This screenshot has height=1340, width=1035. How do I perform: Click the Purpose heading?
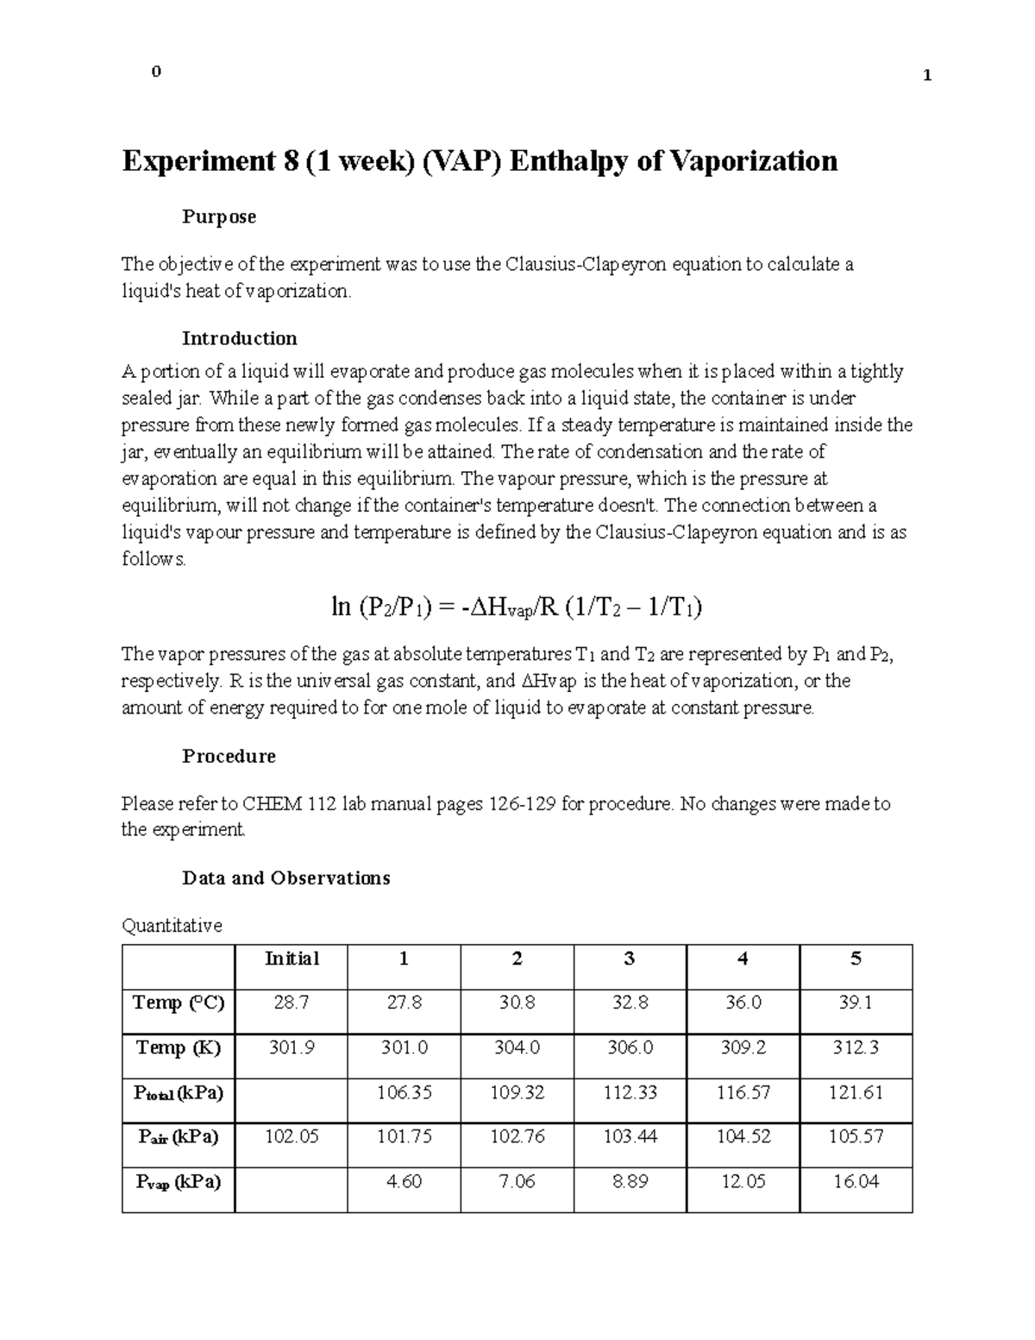218,217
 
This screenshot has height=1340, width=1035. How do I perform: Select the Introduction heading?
239,338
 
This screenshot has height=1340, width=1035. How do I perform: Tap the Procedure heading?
229,757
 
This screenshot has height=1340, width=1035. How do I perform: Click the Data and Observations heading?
285,878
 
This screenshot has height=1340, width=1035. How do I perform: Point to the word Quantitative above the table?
172,926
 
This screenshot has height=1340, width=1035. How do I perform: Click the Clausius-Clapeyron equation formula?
516,607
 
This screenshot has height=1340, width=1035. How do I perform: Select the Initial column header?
292,959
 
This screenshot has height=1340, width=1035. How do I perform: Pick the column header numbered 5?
856,959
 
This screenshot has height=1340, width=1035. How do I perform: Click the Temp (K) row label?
179,1047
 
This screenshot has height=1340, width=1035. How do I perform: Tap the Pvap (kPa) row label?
179,1181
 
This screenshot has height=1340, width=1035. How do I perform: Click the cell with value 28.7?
292,1003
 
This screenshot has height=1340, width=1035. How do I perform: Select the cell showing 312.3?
856,1047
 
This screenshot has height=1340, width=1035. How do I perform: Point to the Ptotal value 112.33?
630,1092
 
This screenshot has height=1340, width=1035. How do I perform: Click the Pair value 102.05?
292,1137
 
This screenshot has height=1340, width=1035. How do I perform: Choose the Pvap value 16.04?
856,1181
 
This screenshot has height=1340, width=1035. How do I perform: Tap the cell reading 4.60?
404,1181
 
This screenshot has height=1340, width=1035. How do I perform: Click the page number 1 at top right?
927,75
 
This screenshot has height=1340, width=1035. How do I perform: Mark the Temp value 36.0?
743,1003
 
